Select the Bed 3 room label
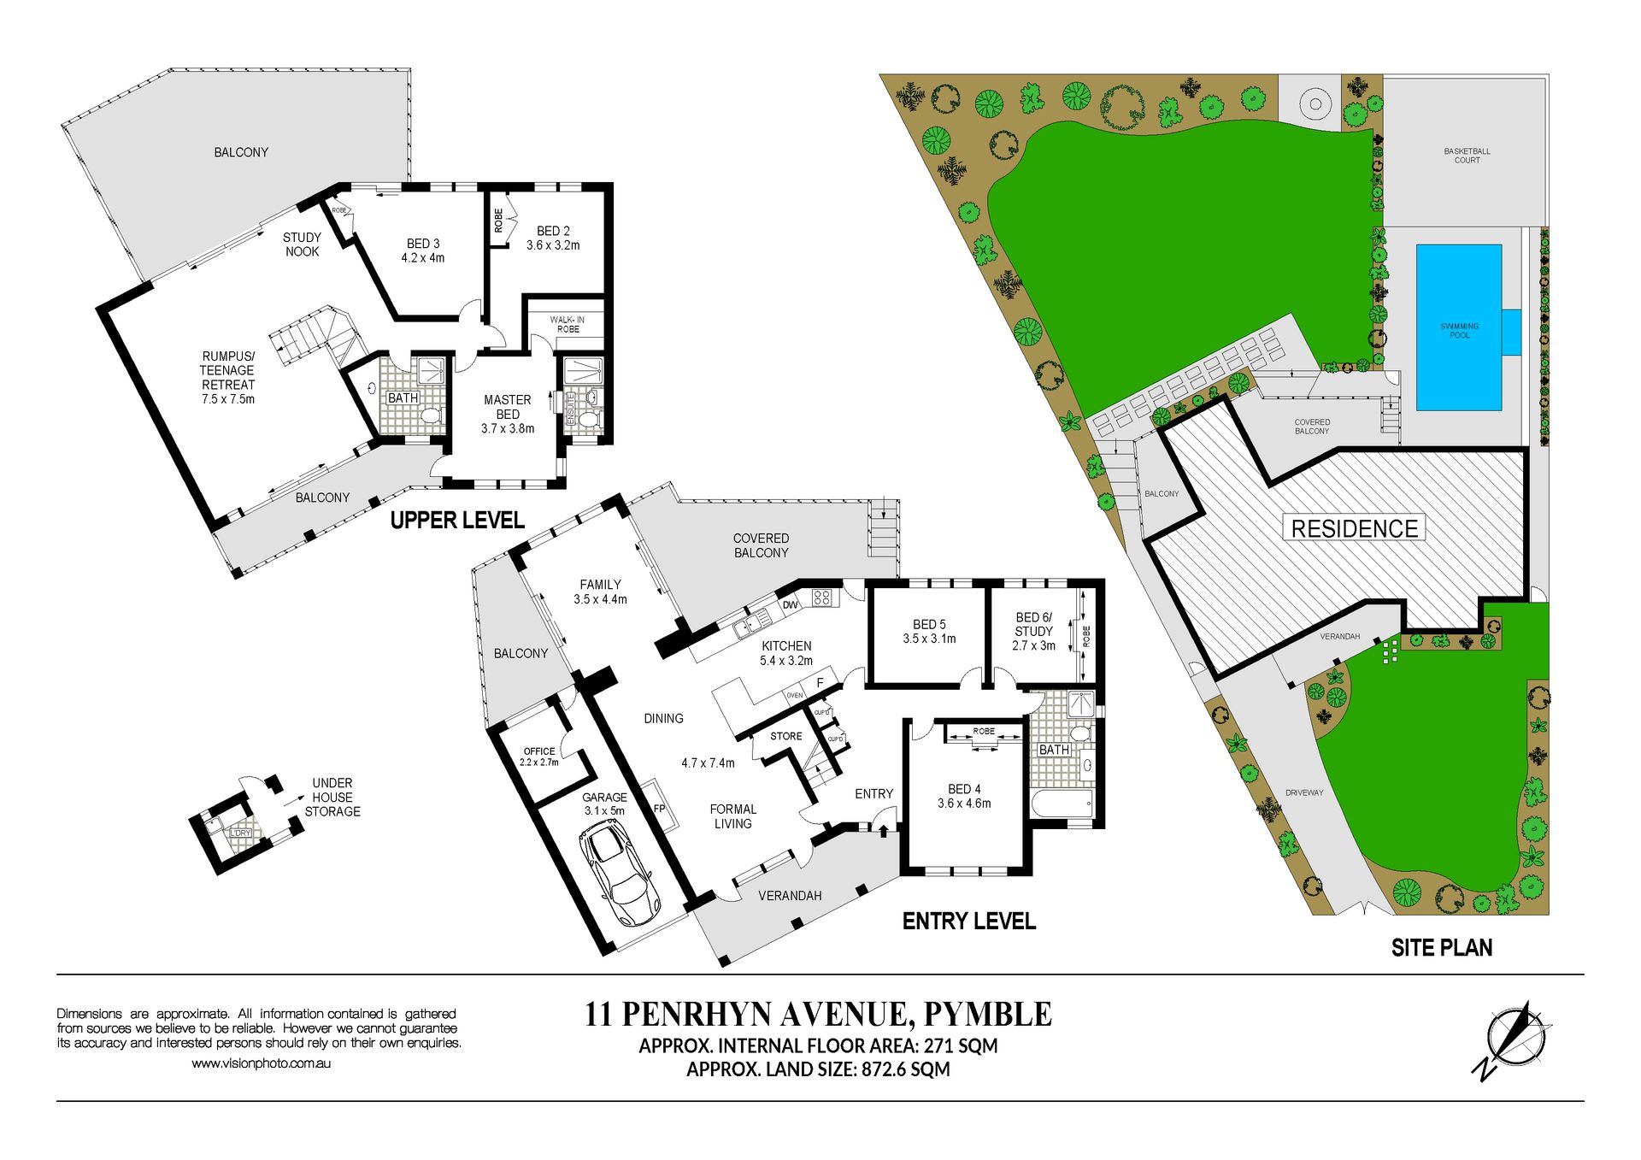coord(423,250)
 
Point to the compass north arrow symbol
coord(1512,1040)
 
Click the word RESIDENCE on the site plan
coord(1355,528)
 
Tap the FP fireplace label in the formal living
coord(659,808)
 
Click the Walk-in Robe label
coord(568,324)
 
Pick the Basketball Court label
coord(1467,156)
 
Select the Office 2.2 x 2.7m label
coord(539,757)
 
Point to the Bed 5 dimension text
coord(929,639)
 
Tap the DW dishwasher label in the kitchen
coord(790,605)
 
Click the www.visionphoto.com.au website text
coord(261,1063)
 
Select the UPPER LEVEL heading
coord(457,520)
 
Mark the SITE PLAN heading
coord(1442,947)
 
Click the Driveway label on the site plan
coord(1304,792)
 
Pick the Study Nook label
coord(302,244)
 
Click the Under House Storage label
coord(332,797)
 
